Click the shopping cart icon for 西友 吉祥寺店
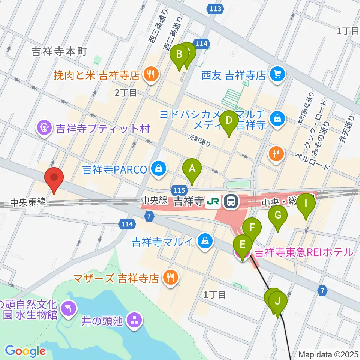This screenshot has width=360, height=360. click(277, 75)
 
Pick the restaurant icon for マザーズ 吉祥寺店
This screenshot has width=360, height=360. click(171, 278)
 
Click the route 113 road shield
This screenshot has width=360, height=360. click(216, 9)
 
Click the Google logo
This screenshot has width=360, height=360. click(25, 351)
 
